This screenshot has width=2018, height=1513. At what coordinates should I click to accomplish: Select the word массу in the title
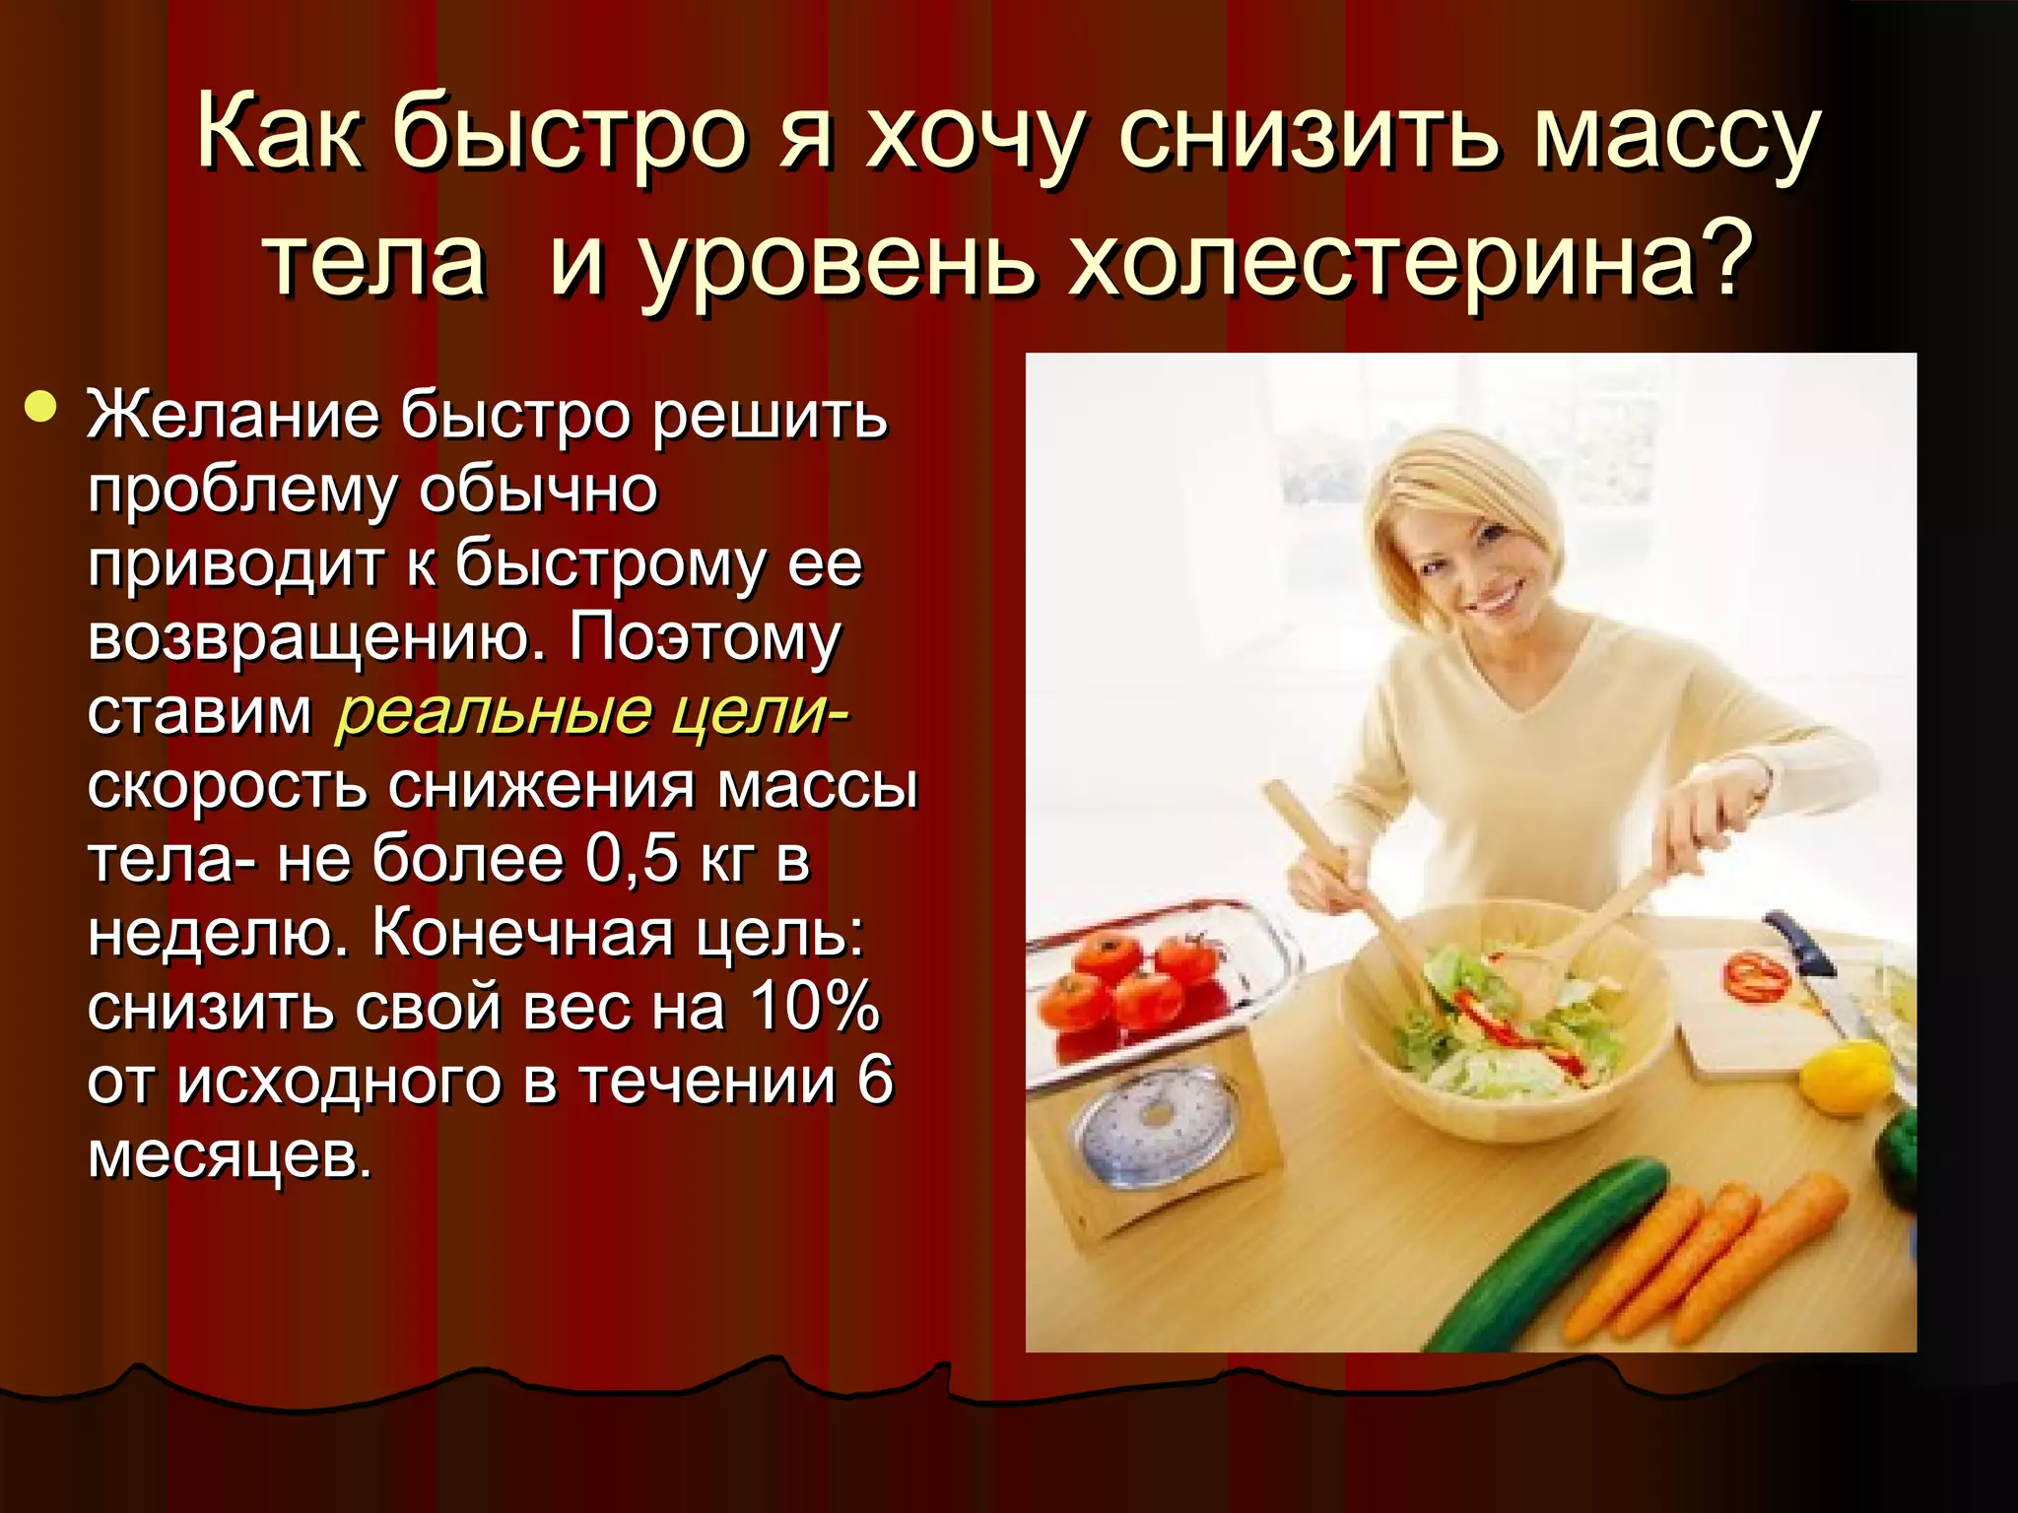(x=1675, y=133)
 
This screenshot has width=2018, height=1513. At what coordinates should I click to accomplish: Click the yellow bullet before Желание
(x=40, y=407)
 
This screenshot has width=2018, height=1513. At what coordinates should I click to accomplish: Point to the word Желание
(x=233, y=414)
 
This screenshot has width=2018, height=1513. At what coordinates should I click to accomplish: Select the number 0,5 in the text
(x=632, y=859)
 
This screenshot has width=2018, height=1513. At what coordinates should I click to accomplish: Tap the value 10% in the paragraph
(x=814, y=1007)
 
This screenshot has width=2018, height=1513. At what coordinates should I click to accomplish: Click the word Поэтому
(x=704, y=637)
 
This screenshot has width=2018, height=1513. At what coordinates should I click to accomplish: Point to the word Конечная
(x=522, y=933)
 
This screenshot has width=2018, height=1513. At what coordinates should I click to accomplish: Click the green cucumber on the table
(x=1547, y=1251)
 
